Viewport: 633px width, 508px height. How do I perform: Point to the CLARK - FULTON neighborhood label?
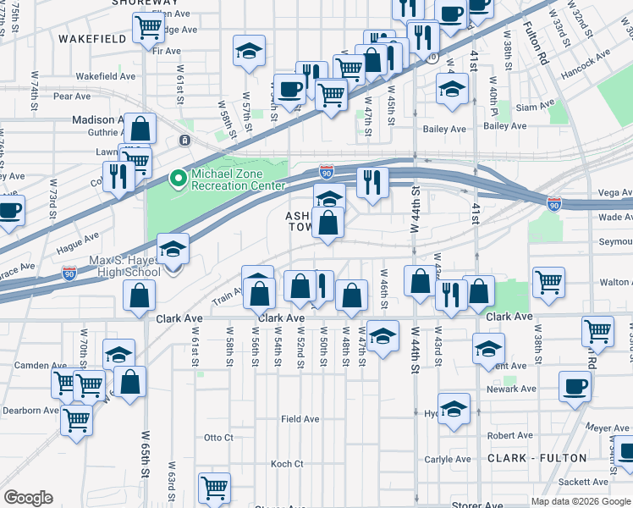pos(537,458)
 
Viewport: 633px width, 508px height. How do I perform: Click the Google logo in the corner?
pos(28,498)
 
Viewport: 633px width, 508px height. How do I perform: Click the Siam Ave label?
pos(535,108)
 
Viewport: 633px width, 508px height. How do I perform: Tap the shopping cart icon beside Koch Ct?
pos(215,487)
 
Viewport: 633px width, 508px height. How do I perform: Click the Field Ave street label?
pos(300,419)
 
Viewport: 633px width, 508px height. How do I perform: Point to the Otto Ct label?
pos(218,438)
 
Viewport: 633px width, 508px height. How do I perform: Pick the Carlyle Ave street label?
pos(447,459)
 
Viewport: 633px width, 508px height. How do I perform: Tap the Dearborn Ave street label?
pos(30,411)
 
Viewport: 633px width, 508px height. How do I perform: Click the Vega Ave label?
pos(614,193)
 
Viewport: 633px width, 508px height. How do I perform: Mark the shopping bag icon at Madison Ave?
pos(140,128)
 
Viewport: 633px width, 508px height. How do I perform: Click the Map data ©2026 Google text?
pos(581,501)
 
